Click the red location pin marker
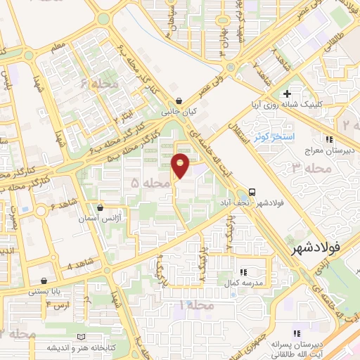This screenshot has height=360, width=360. (x=181, y=165)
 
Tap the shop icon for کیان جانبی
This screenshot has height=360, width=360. (x=180, y=100)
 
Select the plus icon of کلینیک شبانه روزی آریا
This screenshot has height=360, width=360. (x=286, y=94)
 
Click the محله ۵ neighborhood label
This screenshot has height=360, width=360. (x=150, y=183)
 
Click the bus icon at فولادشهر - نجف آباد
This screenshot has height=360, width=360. (x=251, y=191)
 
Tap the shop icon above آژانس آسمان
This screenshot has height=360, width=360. (x=103, y=208)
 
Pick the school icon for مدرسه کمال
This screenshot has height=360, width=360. (x=244, y=271)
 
